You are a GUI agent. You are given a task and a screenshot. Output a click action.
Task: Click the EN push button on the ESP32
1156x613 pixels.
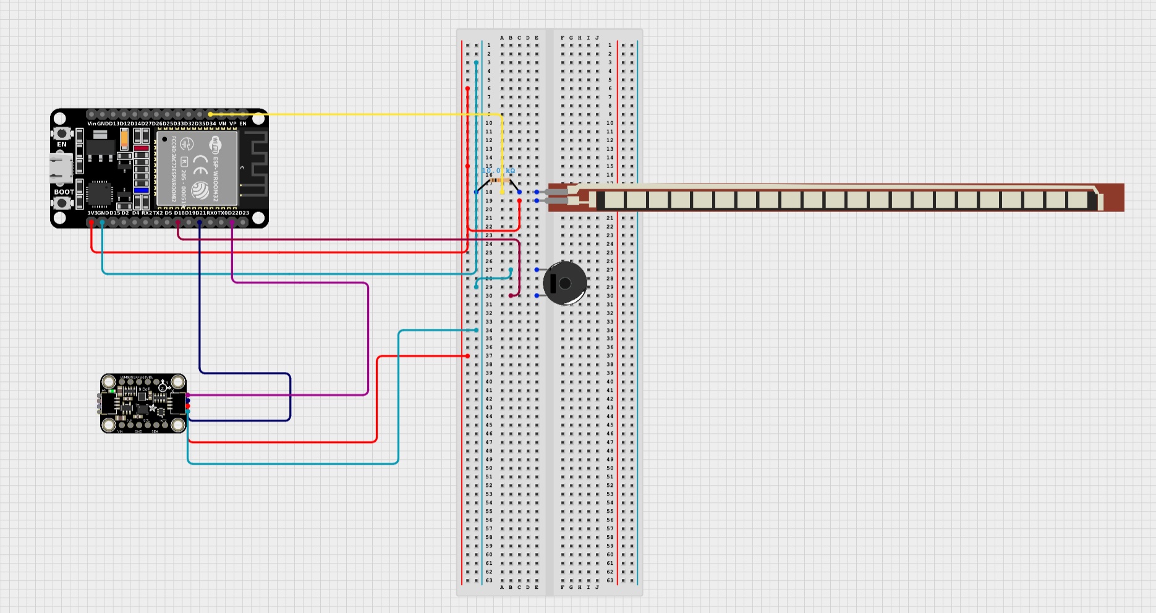[61, 133]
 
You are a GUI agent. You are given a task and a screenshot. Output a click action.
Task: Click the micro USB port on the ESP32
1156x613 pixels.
[61, 168]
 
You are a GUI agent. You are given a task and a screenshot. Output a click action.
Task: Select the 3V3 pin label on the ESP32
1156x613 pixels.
[91, 213]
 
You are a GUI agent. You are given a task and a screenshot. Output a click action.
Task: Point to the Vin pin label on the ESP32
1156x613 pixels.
[91, 124]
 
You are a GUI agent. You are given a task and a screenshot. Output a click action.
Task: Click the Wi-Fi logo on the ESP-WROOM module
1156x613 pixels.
[215, 144]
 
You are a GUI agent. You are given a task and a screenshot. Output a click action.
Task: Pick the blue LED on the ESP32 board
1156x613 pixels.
[141, 190]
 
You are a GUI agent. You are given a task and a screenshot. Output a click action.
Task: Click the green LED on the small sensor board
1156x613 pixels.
[112, 391]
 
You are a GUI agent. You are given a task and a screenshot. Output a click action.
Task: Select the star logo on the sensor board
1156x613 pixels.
[152, 408]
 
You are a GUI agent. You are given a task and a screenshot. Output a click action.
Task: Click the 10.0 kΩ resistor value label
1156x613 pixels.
[498, 171]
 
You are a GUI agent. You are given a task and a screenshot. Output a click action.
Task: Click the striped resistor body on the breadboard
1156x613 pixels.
[498, 180]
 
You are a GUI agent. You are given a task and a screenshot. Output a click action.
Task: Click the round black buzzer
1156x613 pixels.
[564, 283]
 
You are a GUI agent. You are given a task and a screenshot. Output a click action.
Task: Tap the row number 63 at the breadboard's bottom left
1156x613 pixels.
[489, 580]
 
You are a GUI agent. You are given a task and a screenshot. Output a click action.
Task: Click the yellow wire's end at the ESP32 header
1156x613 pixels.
[210, 114]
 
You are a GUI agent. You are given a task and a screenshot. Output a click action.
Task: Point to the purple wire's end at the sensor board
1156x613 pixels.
[187, 395]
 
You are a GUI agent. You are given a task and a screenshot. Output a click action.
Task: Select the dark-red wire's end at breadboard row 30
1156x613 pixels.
[511, 296]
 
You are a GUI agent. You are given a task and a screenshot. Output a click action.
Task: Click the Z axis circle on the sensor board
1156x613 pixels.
[162, 387]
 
